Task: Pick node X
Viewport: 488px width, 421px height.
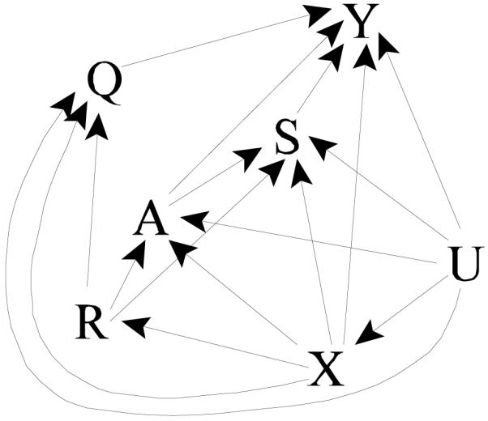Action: (x=324, y=371)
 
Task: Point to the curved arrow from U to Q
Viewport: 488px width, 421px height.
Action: (x=243, y=413)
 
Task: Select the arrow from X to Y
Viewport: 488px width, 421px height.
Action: (x=354, y=202)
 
